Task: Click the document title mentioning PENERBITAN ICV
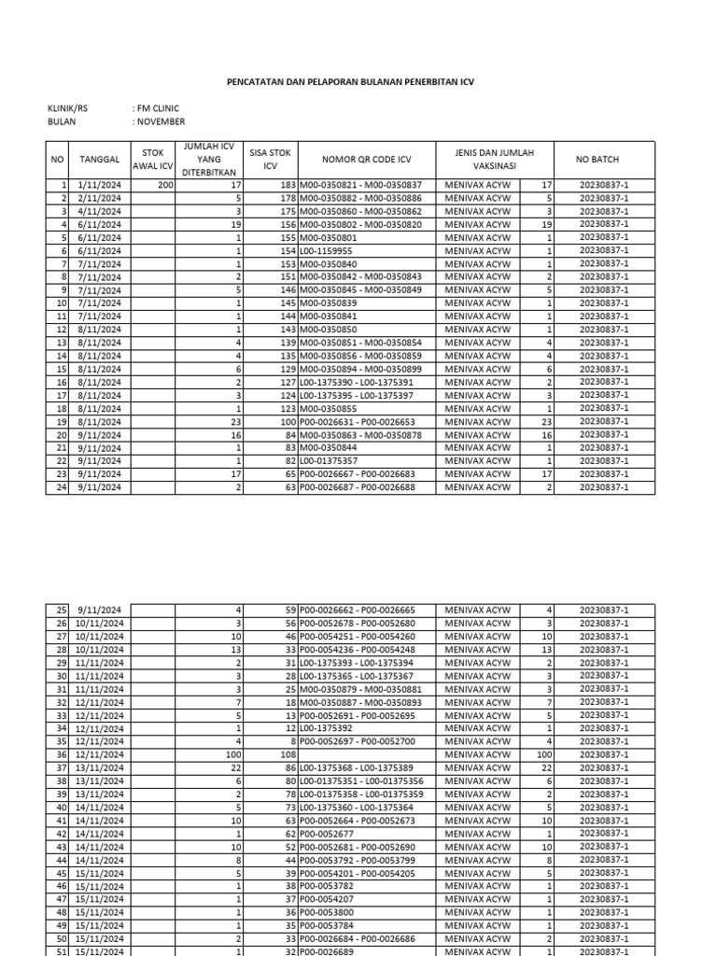click(x=350, y=81)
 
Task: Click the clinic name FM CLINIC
click(x=156, y=108)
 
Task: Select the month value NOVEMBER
click(x=159, y=121)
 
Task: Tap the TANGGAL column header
click(x=100, y=160)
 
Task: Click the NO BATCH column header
click(x=604, y=160)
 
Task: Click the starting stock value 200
click(x=165, y=186)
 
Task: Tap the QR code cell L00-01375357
click(x=330, y=460)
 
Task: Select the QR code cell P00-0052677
click(x=328, y=833)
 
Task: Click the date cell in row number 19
click(x=100, y=421)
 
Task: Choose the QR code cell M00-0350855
click(x=328, y=408)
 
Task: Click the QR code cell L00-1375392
click(x=327, y=727)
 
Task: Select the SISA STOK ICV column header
click(x=271, y=160)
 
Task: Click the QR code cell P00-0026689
click(x=328, y=950)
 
